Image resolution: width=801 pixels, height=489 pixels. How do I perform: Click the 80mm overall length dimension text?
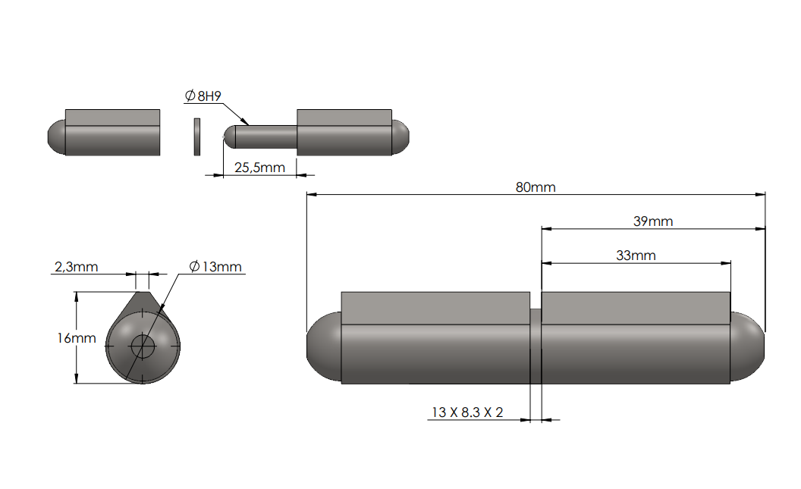click(536, 187)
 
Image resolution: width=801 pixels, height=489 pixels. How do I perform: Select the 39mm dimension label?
click(653, 221)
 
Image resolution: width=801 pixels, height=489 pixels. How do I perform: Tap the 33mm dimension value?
click(636, 255)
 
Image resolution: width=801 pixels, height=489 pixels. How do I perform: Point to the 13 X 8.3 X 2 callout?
click(467, 412)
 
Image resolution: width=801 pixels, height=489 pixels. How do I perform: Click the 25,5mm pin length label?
click(259, 168)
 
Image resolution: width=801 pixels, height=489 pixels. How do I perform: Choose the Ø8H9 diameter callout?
click(203, 96)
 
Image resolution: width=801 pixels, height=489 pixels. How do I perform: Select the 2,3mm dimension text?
click(76, 267)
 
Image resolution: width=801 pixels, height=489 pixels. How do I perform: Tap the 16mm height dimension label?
click(77, 338)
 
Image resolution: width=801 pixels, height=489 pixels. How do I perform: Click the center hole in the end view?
click(143, 347)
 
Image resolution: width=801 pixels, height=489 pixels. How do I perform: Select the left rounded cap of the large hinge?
click(323, 347)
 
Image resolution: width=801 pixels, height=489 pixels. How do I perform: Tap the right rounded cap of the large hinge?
click(747, 347)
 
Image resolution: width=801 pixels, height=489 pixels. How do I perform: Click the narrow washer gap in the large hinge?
click(535, 346)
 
